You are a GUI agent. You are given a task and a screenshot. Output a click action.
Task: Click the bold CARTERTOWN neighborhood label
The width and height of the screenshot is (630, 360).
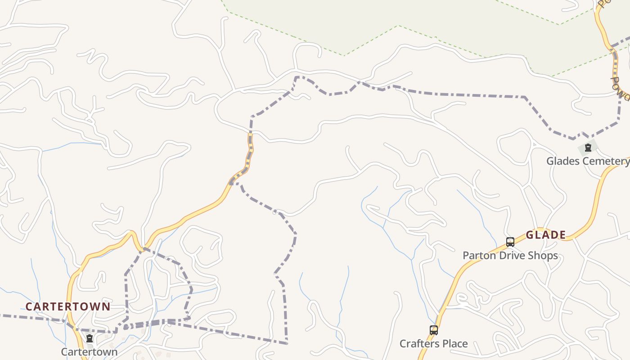click(x=67, y=306)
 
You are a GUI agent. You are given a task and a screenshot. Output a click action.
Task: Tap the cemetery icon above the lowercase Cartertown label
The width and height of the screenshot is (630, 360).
click(x=90, y=338)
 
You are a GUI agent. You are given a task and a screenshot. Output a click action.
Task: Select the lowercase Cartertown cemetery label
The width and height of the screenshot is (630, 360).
click(x=89, y=351)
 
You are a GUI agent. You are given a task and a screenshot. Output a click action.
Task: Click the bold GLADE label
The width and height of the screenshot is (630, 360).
click(x=546, y=235)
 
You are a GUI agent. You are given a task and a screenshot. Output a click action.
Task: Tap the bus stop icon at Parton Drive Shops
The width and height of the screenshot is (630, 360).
click(x=510, y=242)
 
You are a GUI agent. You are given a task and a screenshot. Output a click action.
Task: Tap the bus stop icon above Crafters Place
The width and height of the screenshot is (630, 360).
click(x=433, y=330)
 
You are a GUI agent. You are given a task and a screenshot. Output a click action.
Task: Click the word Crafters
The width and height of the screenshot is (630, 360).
click(x=418, y=344)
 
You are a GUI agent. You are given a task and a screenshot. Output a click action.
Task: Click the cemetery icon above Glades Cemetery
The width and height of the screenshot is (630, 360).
click(x=588, y=148)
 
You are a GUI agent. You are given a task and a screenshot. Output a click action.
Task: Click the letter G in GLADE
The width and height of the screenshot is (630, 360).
click(x=530, y=235)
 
